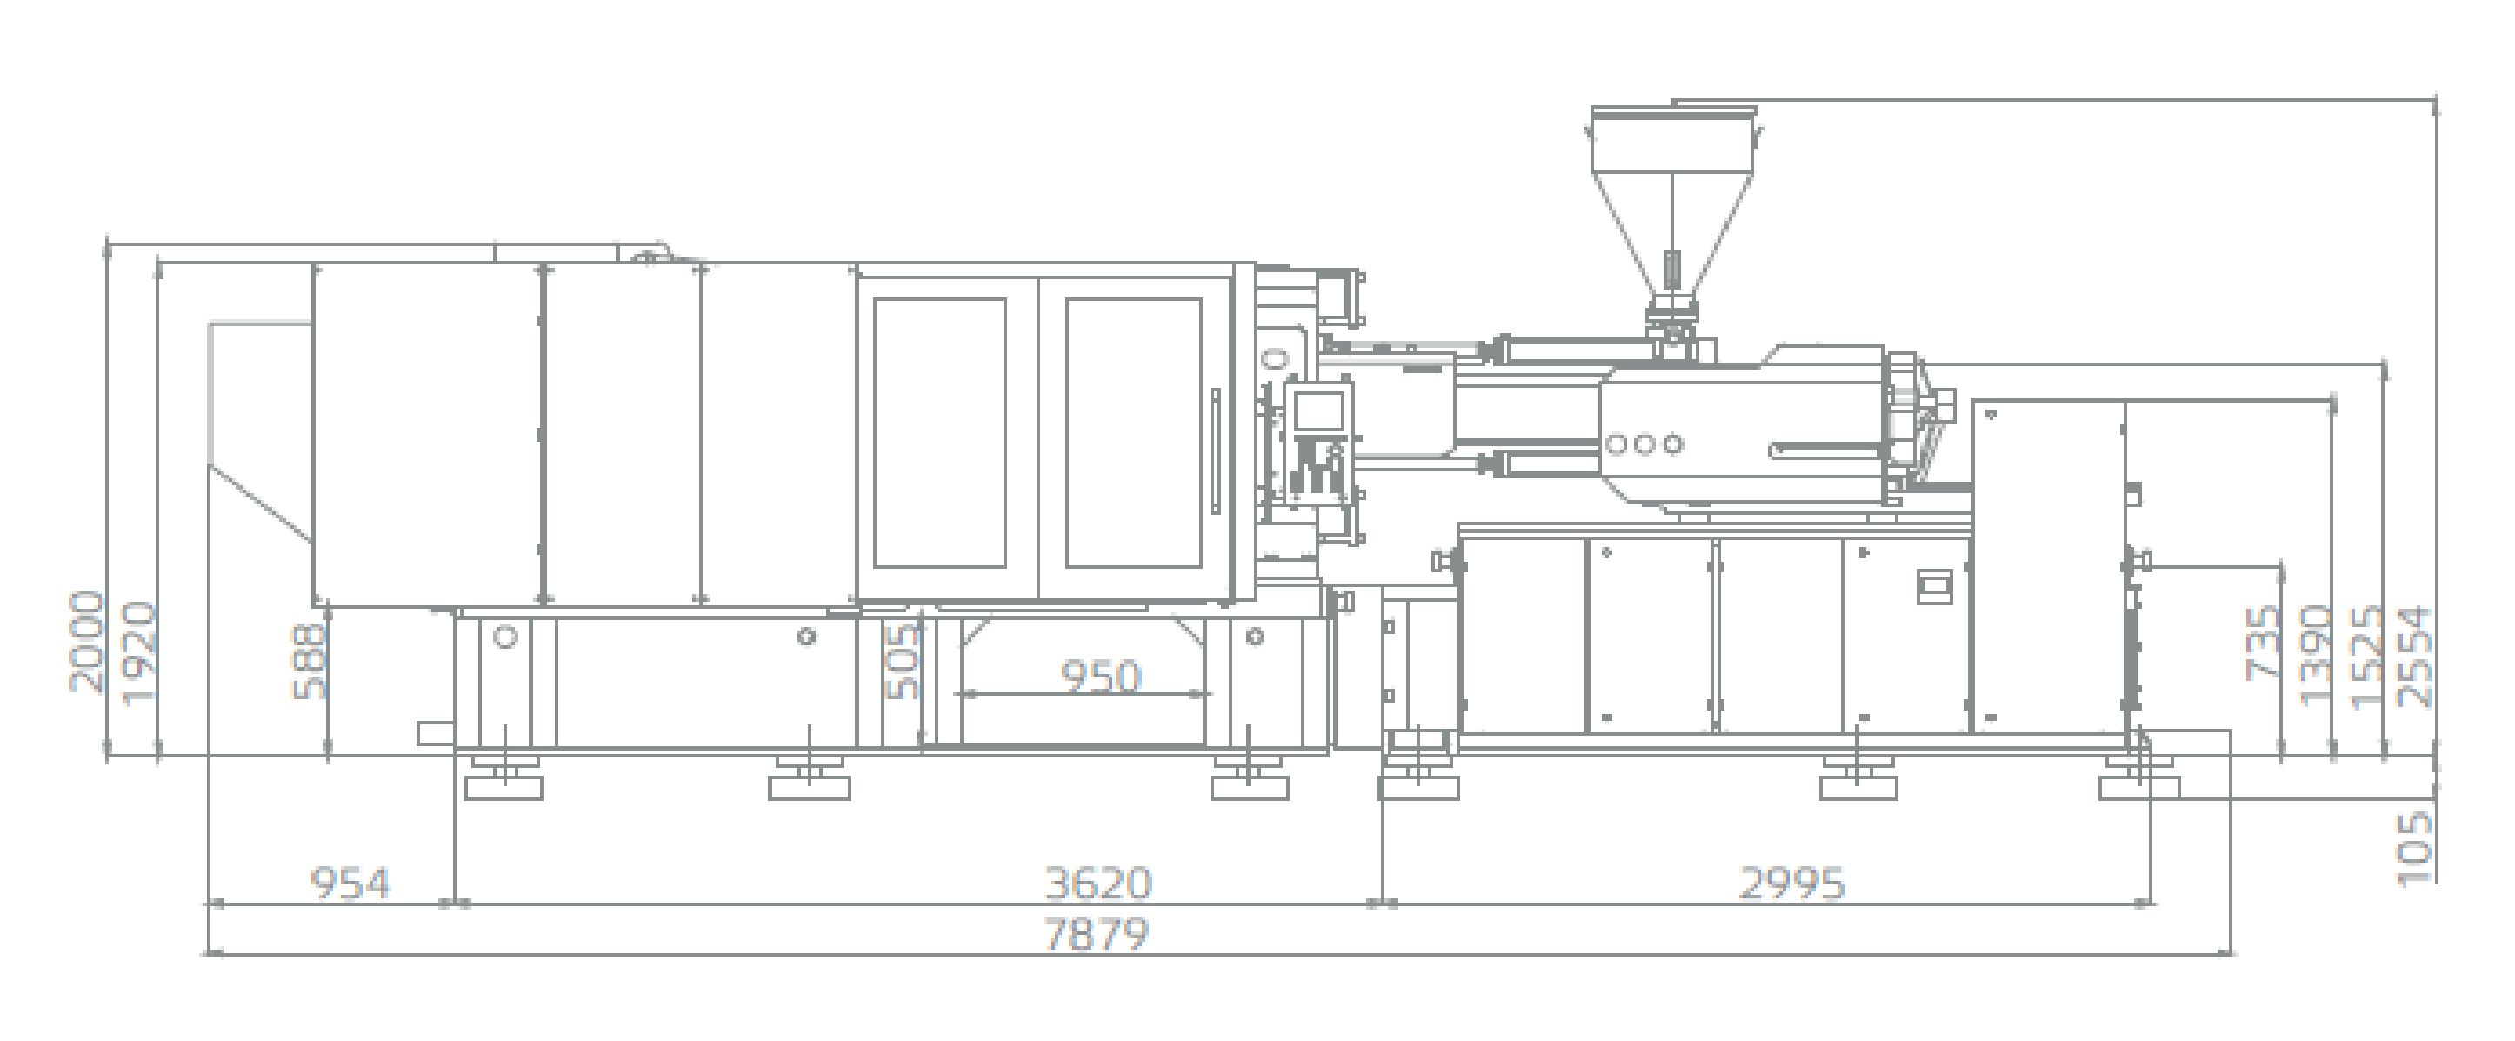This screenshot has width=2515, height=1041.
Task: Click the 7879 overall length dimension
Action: tap(1097, 935)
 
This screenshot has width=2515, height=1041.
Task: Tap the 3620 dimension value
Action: tap(1098, 883)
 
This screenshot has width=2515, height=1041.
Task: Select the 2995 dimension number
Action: tap(1791, 883)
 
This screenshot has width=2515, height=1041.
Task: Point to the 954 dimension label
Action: tap(350, 883)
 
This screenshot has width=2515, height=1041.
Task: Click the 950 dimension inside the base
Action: tap(1100, 677)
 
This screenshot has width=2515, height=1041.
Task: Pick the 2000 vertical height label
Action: tap(86, 642)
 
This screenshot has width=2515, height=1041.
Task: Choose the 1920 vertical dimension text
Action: tap(137, 653)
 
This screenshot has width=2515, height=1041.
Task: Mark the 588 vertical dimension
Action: tap(309, 661)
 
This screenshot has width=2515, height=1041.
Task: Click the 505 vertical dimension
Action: tap(902, 661)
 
